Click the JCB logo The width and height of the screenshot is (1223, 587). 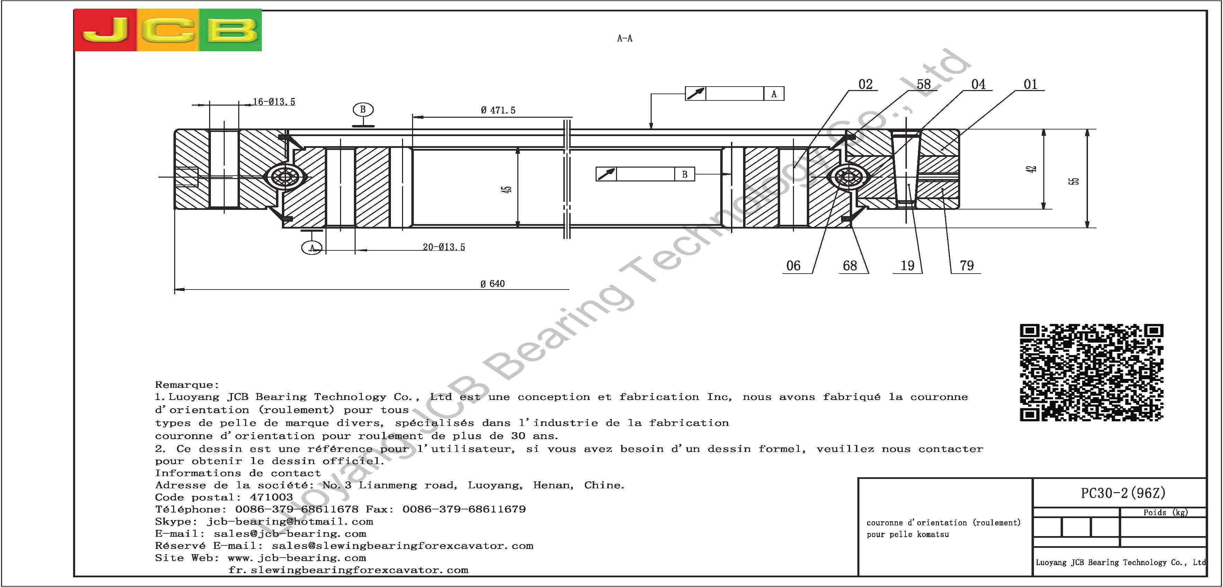pos(168,30)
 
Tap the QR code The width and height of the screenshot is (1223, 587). pos(1091,372)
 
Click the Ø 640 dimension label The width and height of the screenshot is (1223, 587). pos(492,284)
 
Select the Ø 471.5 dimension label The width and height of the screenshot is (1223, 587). pos(498,110)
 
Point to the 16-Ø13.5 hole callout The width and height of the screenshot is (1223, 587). pos(274,101)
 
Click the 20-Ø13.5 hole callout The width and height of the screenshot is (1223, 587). pos(444,247)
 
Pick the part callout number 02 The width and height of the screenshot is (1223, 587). pos(865,85)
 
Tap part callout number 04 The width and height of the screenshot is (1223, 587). pos(978,85)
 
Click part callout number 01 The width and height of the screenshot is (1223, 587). pos(1030,85)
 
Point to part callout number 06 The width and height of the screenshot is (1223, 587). pos(793,266)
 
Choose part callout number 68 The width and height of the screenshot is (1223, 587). pos(850,266)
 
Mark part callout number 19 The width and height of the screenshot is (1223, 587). pos(907,266)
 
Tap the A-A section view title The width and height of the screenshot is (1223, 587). pos(624,38)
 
